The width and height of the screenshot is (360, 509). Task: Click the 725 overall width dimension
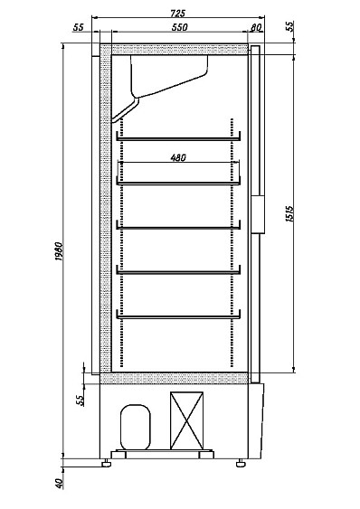177,14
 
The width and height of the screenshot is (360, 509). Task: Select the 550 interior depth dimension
180,27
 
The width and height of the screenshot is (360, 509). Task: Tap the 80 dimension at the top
256,28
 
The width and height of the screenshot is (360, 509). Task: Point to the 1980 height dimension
59,251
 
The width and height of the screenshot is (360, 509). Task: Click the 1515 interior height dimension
289,213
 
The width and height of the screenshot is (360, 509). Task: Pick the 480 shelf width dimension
178,157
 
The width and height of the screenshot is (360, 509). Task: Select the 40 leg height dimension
60,484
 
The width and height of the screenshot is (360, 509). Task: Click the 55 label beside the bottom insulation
81,401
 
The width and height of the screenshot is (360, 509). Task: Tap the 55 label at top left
78,27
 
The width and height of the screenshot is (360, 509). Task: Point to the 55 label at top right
289,26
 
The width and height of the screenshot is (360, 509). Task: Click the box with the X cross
187,420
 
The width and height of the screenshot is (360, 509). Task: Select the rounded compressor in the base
136,427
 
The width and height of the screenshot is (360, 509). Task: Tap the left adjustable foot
106,463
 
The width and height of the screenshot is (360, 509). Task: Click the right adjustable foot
241,463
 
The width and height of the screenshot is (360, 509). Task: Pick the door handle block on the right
259,214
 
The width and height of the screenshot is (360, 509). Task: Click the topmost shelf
178,139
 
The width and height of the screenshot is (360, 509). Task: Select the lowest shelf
178,316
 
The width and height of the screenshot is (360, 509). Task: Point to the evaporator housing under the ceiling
169,76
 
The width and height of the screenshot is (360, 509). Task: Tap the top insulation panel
180,49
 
